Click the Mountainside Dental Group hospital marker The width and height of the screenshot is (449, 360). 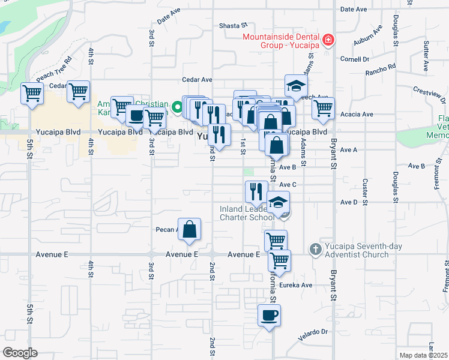[x=328, y=41]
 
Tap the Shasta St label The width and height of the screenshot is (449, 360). [x=234, y=26]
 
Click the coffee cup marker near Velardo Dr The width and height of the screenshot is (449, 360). [x=269, y=314]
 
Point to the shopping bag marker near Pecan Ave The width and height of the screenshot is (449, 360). [x=189, y=229]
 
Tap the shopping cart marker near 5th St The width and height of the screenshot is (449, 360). [x=31, y=93]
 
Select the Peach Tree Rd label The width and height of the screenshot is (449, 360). [x=54, y=69]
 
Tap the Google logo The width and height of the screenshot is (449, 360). [x=20, y=352]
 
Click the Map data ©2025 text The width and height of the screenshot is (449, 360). [x=423, y=355]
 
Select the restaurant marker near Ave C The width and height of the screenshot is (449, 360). [x=256, y=191]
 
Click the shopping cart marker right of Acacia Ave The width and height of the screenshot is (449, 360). [x=323, y=108]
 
